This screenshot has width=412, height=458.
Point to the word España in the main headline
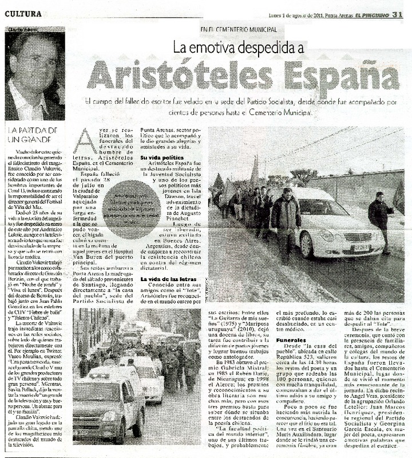[x=343, y=74]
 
